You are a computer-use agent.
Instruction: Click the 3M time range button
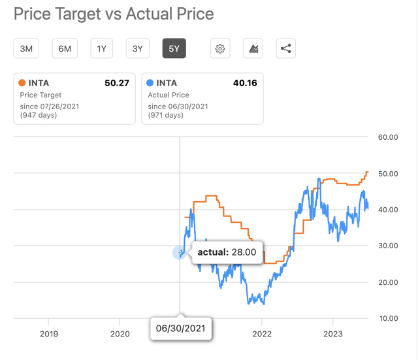27,48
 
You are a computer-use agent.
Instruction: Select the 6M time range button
65,48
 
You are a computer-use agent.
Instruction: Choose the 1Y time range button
102,48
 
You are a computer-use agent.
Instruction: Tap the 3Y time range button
137,48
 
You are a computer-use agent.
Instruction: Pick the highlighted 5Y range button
174,48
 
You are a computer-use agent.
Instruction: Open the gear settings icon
220,48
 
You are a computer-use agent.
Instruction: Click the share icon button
285,48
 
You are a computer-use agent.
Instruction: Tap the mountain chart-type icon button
253,48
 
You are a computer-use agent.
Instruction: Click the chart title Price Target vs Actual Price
114,13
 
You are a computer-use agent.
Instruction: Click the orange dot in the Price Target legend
22,83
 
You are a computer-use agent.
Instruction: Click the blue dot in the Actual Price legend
151,83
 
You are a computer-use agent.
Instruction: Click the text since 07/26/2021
50,106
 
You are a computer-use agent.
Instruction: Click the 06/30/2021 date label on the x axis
181,329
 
